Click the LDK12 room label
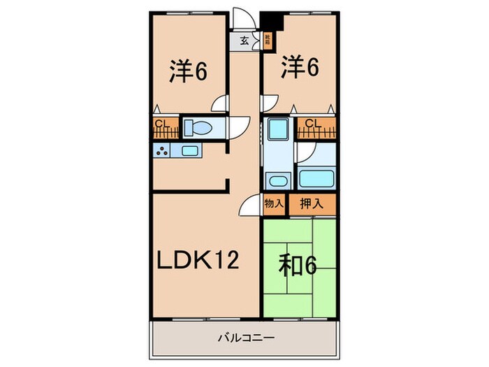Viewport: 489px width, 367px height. pos(198,260)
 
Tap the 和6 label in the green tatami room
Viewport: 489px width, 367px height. pos(299,266)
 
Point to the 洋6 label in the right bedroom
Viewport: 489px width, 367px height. pos(300,68)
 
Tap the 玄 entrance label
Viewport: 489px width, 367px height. pos(245,41)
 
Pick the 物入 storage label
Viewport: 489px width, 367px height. pos(273,204)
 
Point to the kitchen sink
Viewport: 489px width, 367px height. pos(189,150)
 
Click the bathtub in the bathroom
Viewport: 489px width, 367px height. pos(316,178)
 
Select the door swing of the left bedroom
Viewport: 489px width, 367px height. pos(221,103)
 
